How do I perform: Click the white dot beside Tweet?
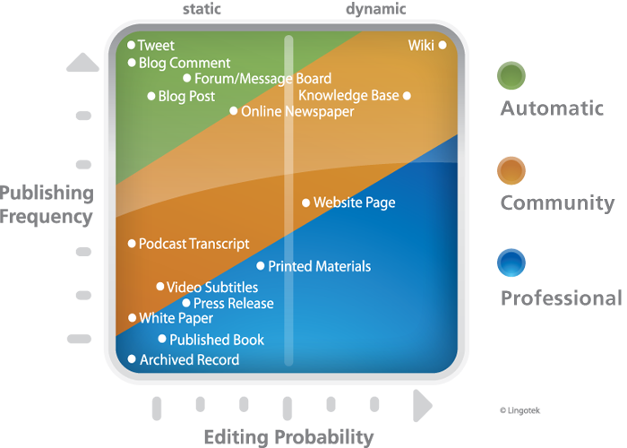pyautogui.click(x=131, y=45)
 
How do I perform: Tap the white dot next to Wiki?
pyautogui.click(x=442, y=45)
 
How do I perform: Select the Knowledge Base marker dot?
pyautogui.click(x=407, y=96)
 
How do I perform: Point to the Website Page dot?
pyautogui.click(x=306, y=202)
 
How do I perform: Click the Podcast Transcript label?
pyautogui.click(x=194, y=244)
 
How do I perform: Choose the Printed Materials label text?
pyautogui.click(x=320, y=266)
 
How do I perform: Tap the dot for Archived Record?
pyautogui.click(x=132, y=358)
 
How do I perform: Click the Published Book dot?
pyautogui.click(x=162, y=339)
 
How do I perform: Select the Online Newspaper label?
pyautogui.click(x=297, y=112)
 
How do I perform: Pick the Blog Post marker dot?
pyautogui.click(x=151, y=96)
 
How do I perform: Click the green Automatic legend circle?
pyautogui.click(x=511, y=75)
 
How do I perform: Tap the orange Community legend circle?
pyautogui.click(x=511, y=170)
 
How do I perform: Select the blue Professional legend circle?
pyautogui.click(x=511, y=263)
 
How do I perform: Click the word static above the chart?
pyautogui.click(x=202, y=9)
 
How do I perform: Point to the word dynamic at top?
pyautogui.click(x=376, y=9)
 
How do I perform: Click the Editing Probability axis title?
pyautogui.click(x=288, y=436)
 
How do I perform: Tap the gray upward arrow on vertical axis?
pyautogui.click(x=82, y=62)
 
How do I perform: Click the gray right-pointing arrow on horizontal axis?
pyautogui.click(x=422, y=406)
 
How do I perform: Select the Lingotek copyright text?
pyautogui.click(x=520, y=410)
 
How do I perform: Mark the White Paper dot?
pyautogui.click(x=132, y=318)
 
